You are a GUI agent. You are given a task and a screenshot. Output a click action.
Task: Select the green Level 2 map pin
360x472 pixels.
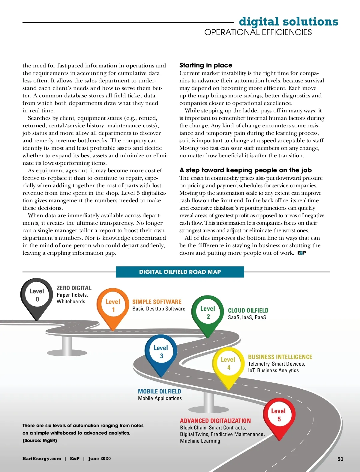[208, 313]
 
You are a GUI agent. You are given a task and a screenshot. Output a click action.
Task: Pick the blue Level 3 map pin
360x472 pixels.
[161, 352]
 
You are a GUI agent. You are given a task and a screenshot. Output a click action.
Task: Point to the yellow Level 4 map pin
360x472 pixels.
[228, 364]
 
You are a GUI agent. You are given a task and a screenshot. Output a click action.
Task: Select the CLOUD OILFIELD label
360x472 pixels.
[248, 311]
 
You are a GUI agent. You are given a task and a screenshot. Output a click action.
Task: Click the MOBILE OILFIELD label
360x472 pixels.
[160, 392]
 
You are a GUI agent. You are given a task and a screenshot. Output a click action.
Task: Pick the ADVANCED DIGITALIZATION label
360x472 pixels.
[215, 421]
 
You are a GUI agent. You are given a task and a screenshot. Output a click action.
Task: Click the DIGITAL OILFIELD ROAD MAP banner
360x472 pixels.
[180, 272]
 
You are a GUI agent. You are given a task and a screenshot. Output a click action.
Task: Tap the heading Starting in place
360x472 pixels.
[206, 65]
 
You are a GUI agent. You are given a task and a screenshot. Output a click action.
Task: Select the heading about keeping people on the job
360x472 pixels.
[245, 170]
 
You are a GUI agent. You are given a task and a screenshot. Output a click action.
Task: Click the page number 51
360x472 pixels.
[340, 459]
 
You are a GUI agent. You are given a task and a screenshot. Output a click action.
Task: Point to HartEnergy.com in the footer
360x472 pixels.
[42, 459]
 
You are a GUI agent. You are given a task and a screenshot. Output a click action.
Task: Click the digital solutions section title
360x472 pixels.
[289, 22]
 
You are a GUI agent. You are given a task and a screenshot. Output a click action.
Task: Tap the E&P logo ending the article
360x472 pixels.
[302, 253]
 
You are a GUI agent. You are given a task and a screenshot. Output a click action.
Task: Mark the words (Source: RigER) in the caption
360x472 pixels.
[40, 441]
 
